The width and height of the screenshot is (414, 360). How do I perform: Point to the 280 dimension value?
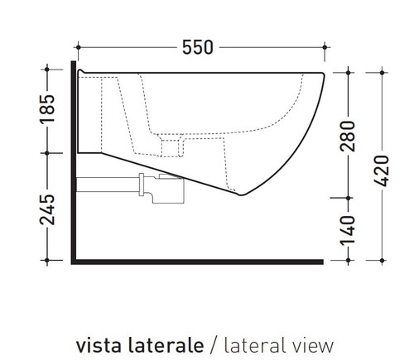(x=348, y=136)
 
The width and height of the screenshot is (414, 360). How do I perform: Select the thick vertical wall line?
(x=75, y=207)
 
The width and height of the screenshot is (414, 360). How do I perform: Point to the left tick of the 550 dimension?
(x=76, y=47)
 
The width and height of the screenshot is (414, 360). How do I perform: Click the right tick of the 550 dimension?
(x=324, y=47)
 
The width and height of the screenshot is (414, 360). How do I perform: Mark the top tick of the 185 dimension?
(x=47, y=72)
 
